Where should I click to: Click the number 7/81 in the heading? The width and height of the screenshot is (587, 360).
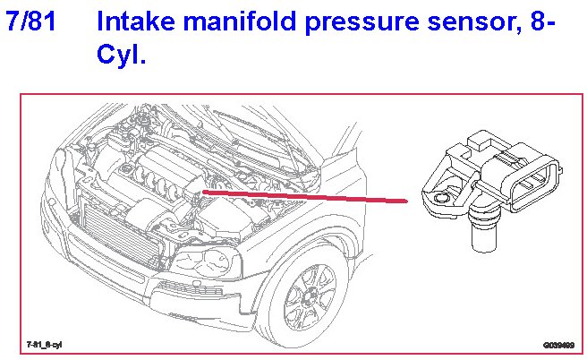pyautogui.click(x=32, y=21)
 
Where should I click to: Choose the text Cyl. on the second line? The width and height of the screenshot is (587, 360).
pyautogui.click(x=120, y=56)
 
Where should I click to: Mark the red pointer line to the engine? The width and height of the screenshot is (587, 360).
pyautogui.click(x=304, y=195)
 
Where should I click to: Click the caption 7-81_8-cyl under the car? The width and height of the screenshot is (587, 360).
pyautogui.click(x=45, y=344)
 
